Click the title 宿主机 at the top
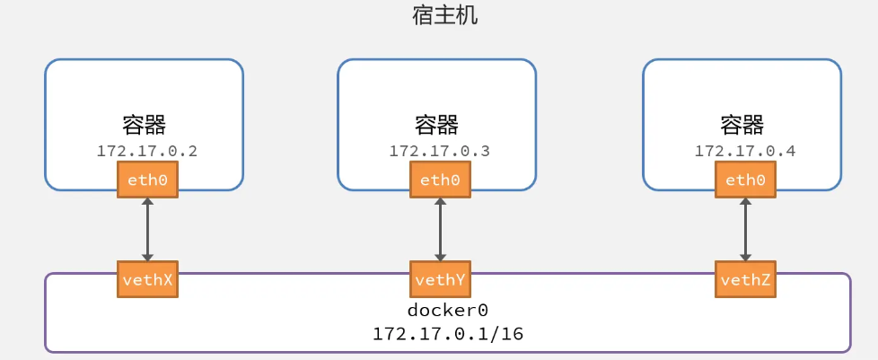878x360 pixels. tap(444, 15)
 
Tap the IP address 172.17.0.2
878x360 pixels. tap(147, 151)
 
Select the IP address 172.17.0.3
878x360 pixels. tap(440, 151)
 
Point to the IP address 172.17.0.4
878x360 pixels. tap(745, 151)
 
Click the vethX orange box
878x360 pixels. tap(148, 279)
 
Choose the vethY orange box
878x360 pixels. tap(440, 279)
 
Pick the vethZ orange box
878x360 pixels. tap(745, 279)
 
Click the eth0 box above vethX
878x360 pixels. tap(148, 180)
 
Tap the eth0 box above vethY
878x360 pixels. tap(440, 180)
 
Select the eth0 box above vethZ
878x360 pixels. tap(745, 180)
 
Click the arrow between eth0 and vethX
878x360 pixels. tap(148, 230)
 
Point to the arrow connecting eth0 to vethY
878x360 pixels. tap(440, 230)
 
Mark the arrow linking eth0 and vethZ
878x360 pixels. tap(745, 230)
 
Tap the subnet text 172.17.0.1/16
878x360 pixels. tap(448, 334)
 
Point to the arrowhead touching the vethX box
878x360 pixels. tap(148, 257)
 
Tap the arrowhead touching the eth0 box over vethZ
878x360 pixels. tap(745, 203)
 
